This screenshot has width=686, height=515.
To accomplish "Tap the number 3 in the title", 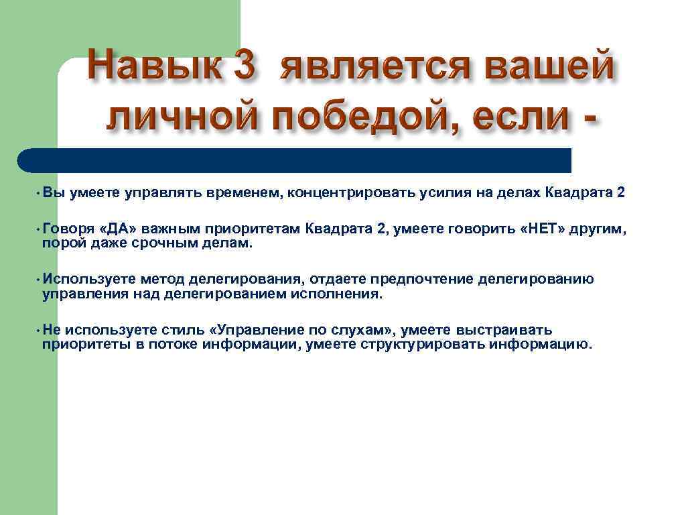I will tap(242, 69).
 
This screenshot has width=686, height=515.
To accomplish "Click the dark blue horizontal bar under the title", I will tap(295, 160).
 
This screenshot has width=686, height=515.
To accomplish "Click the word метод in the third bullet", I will tap(163, 279).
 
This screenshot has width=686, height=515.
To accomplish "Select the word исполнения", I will tap(341, 293).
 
